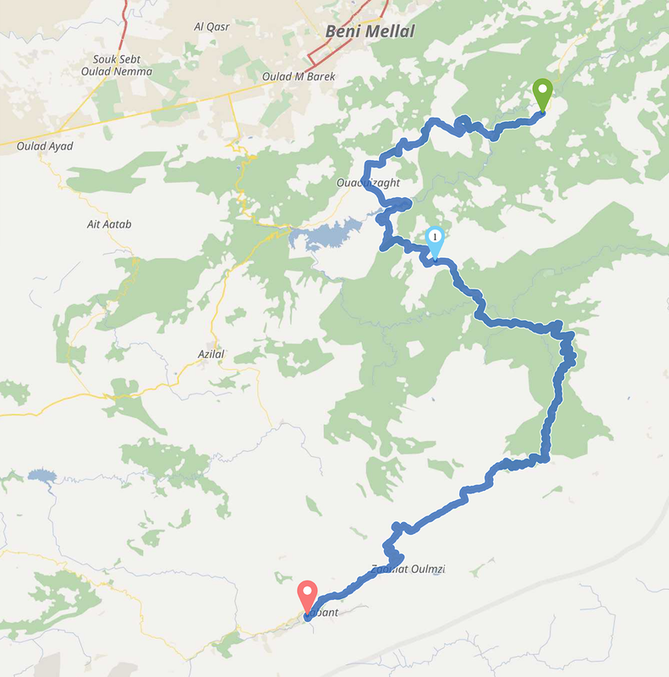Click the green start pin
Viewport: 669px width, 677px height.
click(542, 92)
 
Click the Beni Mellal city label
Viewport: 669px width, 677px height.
click(370, 32)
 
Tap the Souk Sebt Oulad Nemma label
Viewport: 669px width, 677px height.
click(123, 66)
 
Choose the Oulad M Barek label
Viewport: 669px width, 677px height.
click(299, 76)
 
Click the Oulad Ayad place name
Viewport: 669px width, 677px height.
click(45, 146)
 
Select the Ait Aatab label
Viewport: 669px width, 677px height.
click(109, 224)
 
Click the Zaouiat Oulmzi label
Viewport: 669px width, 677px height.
click(408, 570)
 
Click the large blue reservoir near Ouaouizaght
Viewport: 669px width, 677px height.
click(334, 233)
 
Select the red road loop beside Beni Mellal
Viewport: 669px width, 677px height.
click(320, 52)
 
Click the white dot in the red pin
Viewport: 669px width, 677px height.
click(307, 591)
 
